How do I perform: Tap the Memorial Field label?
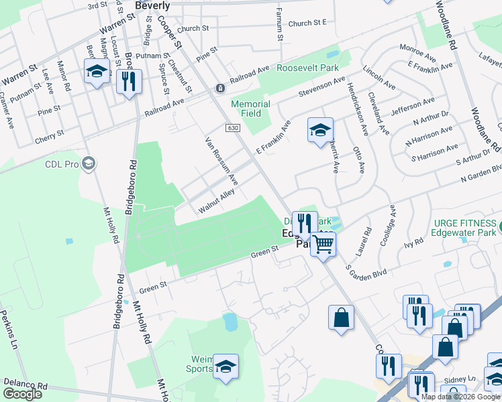pos(250,109)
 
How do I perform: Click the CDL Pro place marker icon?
pos(89,163)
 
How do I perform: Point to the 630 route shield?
pos(232,128)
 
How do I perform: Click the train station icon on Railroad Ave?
pos(219,88)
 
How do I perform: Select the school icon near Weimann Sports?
pos(226,366)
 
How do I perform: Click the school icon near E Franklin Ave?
pos(320,129)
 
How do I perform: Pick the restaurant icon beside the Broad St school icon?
pos(128,82)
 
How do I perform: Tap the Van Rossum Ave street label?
pos(221,161)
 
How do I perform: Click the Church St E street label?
pos(307,23)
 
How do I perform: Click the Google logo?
pos(22,394)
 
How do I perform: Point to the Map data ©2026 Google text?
pos(460,397)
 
